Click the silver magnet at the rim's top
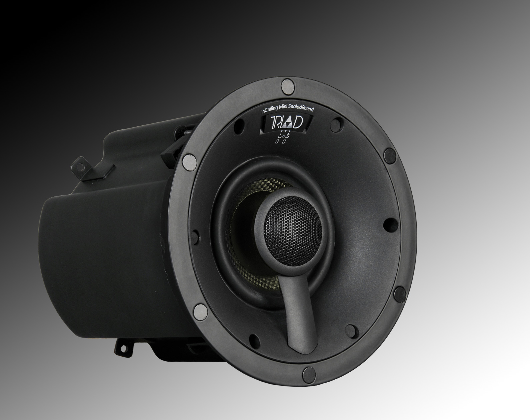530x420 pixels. click(286, 86)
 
